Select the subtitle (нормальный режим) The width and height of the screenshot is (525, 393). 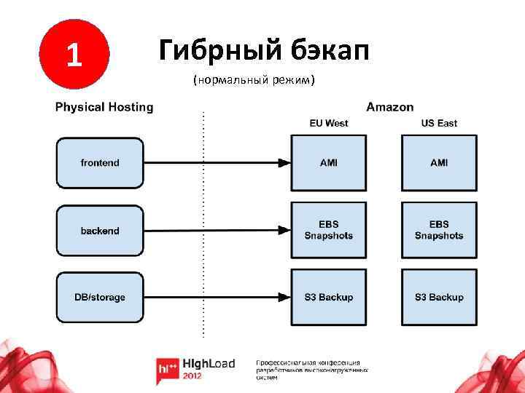[x=254, y=79]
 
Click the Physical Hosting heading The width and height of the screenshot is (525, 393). [x=104, y=107]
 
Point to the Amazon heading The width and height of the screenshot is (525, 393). [x=389, y=107]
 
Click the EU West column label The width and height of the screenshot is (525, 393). [x=329, y=123]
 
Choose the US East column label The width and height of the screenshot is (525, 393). [x=439, y=123]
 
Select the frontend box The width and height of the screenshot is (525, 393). [x=100, y=163]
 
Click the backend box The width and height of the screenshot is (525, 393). [x=100, y=231]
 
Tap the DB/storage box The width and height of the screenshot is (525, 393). [x=100, y=297]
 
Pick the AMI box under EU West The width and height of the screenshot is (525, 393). [x=329, y=163]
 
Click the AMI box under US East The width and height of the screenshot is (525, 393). [x=439, y=163]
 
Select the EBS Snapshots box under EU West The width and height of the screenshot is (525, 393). [x=329, y=230]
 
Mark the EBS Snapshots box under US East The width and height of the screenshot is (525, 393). [x=439, y=230]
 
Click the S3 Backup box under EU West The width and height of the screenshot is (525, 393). [x=329, y=297]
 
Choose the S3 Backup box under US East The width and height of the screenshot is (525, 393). [x=439, y=297]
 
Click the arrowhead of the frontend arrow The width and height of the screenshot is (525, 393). [x=284, y=163]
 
